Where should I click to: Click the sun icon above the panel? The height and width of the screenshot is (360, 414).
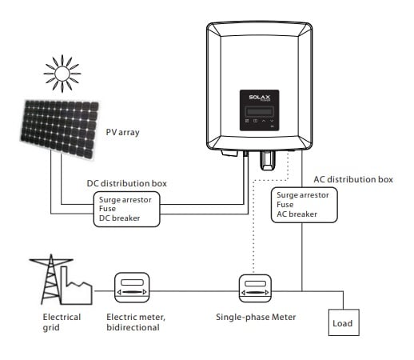(x=62, y=74)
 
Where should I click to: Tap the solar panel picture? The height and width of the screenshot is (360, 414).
(x=60, y=130)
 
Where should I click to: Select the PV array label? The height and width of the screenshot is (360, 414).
(x=122, y=132)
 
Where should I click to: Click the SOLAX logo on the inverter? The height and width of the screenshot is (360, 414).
(x=260, y=98)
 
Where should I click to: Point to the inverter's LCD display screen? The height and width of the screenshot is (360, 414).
(x=260, y=111)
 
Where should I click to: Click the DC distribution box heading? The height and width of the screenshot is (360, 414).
(x=127, y=183)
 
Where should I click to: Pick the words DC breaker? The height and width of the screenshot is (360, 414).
(x=119, y=218)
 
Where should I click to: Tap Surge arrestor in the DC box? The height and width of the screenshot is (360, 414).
(x=125, y=200)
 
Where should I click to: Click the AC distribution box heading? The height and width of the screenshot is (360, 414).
(x=353, y=179)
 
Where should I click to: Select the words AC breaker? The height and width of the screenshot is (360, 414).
(x=297, y=214)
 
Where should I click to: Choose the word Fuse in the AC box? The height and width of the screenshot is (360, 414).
(x=285, y=205)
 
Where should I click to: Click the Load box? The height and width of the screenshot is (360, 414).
(x=344, y=322)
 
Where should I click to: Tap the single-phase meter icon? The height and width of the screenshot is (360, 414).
(x=255, y=288)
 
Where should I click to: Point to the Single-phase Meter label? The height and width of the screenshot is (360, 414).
(x=256, y=317)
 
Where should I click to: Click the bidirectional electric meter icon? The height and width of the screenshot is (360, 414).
(x=132, y=287)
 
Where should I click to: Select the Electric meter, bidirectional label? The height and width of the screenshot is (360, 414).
(x=136, y=322)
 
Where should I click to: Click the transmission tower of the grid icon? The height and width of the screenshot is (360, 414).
(x=50, y=279)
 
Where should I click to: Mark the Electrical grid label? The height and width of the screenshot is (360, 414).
(x=62, y=322)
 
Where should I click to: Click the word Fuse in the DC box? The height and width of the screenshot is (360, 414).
(x=107, y=209)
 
